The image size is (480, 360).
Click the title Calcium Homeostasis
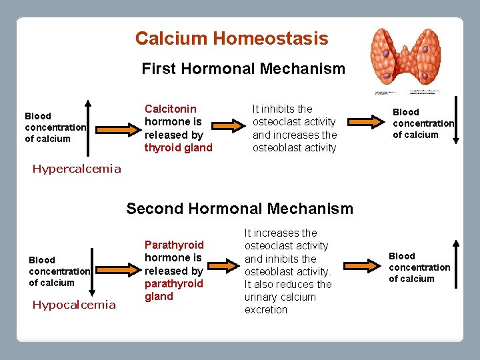click(231, 39)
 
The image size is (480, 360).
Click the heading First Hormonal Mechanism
click(243, 69)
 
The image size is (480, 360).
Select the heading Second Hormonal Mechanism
click(239, 209)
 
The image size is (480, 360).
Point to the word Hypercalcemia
click(77, 169)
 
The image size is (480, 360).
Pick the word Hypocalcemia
click(74, 305)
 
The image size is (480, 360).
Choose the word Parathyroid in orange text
click(174, 245)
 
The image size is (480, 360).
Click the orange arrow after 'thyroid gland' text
click(230, 123)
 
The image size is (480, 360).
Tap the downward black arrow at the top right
click(456, 121)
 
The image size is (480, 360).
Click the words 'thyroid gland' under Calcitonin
click(178, 147)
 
